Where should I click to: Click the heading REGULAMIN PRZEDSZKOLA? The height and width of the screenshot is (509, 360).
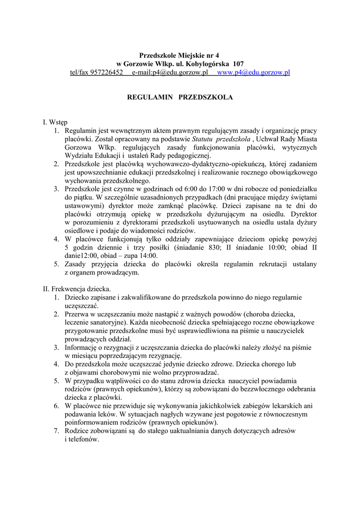tap(180, 97)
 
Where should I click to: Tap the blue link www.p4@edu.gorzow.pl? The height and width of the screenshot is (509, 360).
tap(254, 73)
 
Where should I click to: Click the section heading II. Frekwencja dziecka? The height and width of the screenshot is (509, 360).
tap(77, 289)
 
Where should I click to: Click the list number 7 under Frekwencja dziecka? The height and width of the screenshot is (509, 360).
tap(56, 431)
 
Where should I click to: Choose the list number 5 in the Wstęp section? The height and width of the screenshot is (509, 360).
tap(56, 264)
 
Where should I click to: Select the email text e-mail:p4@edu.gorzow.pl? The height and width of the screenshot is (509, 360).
tap(170, 73)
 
